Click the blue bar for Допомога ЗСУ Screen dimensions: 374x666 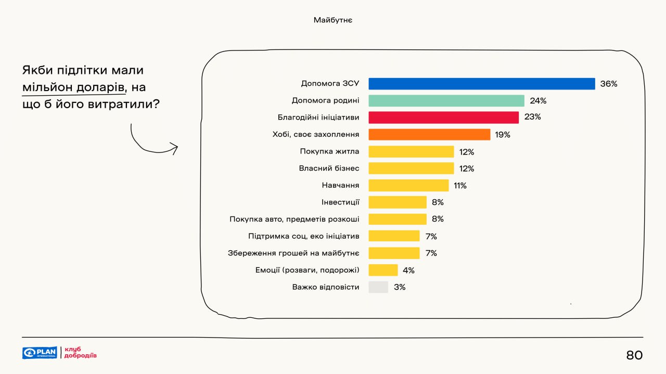(x=481, y=84)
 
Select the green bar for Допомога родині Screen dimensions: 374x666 (x=446, y=101)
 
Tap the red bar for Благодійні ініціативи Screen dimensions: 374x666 (x=443, y=118)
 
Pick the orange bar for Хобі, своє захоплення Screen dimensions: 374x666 (x=429, y=135)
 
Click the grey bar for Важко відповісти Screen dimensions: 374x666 (x=378, y=287)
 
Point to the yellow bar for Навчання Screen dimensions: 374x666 (x=408, y=186)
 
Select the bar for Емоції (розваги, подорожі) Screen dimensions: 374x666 (x=383, y=270)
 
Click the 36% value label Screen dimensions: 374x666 (x=608, y=84)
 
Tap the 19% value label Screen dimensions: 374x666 (x=503, y=135)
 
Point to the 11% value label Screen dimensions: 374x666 (x=460, y=186)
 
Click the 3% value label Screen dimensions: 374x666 (x=400, y=287)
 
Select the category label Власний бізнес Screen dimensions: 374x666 (x=329, y=169)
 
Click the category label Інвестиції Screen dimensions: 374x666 (x=340, y=202)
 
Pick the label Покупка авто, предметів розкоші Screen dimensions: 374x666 (x=294, y=220)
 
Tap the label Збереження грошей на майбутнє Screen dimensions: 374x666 (x=293, y=253)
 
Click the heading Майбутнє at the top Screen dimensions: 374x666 (x=333, y=20)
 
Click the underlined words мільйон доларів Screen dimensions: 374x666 (x=73, y=87)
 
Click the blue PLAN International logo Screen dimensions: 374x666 (x=40, y=353)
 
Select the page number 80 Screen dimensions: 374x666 (x=634, y=355)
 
